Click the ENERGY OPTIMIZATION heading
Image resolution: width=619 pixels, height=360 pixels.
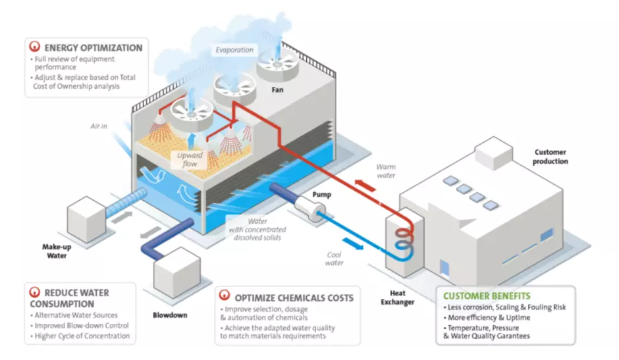point(93,48)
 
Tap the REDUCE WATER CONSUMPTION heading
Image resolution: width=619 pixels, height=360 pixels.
point(69,297)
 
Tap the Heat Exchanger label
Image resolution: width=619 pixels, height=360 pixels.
point(398,297)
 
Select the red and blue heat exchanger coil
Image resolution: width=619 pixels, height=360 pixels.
point(401,238)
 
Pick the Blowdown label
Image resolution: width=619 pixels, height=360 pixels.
point(169,315)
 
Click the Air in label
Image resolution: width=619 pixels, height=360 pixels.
point(99,125)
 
